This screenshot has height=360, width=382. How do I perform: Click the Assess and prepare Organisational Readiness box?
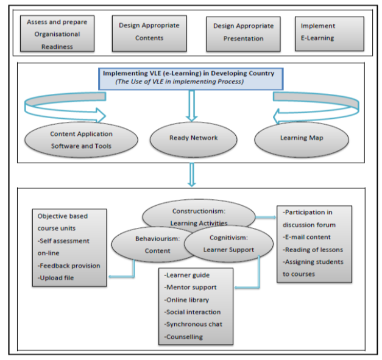pos(57,34)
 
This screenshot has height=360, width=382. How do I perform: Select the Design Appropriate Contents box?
pos(149,33)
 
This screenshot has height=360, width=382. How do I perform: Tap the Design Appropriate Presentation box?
pos(243,33)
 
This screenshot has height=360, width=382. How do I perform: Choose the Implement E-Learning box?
pos(329,32)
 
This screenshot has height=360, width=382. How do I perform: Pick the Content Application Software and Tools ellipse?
pos(81,139)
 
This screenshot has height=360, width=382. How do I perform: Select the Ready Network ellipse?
pos(193,138)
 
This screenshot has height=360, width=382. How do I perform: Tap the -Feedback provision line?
pos(69,266)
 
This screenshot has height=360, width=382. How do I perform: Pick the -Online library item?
pos(186,299)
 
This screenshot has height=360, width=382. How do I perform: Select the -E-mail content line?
pos(308,237)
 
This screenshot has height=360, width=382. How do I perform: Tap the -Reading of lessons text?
pos(313,249)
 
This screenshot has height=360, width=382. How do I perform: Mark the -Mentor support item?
pos(190,287)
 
